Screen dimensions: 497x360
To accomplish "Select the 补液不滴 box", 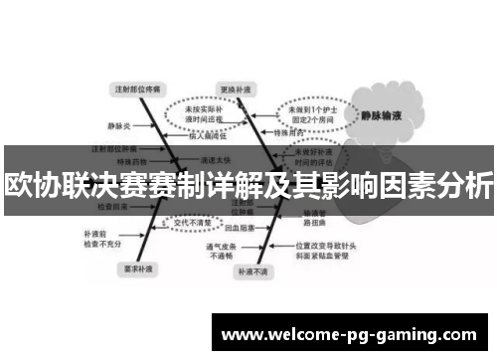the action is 248,270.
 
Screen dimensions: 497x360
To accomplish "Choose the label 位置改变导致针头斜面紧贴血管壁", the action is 319,250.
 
